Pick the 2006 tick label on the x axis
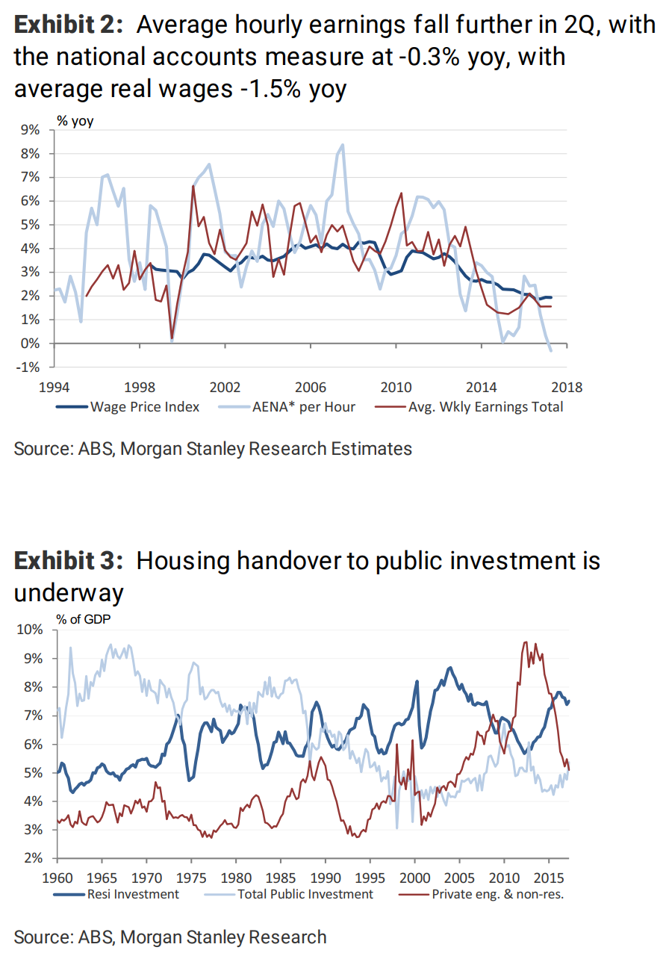(x=311, y=387)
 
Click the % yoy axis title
(x=75, y=120)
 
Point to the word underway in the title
(x=69, y=593)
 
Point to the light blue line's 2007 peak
(x=343, y=145)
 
